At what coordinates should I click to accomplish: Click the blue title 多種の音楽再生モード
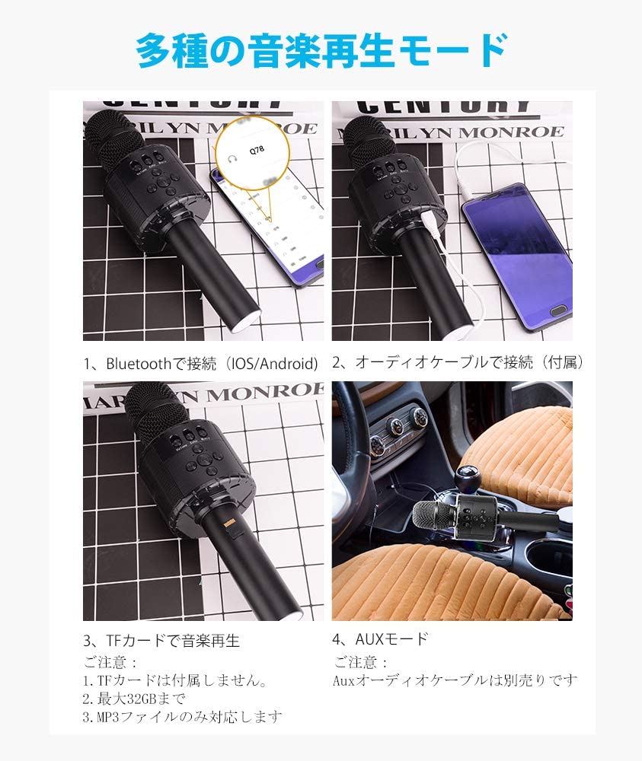pos(321,52)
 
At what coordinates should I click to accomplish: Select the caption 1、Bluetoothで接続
pos(200,363)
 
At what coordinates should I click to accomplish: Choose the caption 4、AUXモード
pos(380,638)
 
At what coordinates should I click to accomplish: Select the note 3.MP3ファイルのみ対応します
pos(182,716)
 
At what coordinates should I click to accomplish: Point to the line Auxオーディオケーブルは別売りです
pos(455,680)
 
